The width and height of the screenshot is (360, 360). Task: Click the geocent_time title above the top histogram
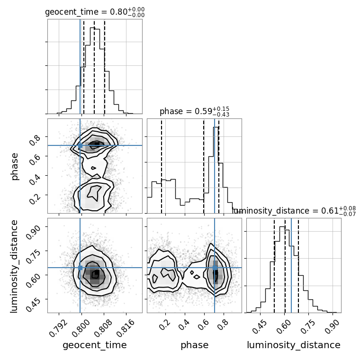click(x=95, y=12)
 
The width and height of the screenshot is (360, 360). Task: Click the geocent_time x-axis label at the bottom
click(x=95, y=345)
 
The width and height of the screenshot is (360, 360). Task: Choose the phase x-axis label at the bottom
click(x=194, y=345)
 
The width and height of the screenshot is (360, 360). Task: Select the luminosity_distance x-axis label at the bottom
click(x=294, y=345)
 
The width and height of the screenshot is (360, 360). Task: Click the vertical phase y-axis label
click(x=15, y=166)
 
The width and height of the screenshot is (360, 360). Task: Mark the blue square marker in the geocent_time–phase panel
click(x=80, y=145)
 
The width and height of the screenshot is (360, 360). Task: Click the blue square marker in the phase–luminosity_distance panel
click(x=215, y=268)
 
